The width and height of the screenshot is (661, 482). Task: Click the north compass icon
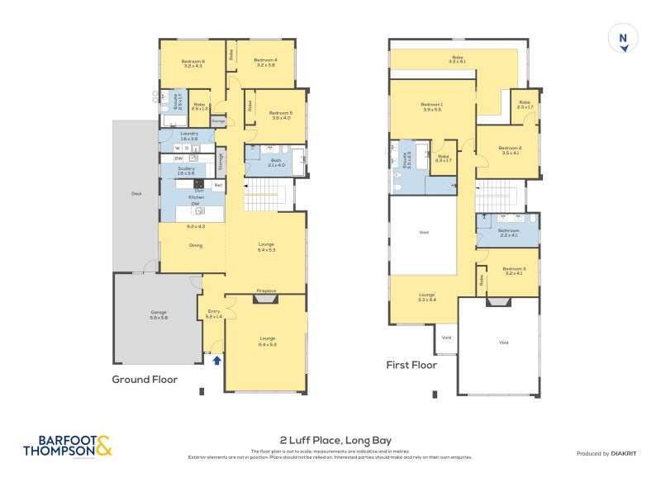coord(624,39)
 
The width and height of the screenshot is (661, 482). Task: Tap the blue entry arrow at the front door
coord(217,360)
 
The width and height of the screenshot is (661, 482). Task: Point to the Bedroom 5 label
coord(280,113)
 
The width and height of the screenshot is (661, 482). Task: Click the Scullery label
coord(186,168)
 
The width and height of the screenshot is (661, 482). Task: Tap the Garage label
coord(159,313)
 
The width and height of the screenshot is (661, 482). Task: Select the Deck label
coord(136,195)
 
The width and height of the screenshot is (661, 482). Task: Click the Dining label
coord(196,245)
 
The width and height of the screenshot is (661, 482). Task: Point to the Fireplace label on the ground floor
coord(266,291)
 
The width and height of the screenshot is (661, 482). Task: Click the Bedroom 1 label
coord(431,105)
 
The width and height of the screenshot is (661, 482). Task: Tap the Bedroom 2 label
coord(510,149)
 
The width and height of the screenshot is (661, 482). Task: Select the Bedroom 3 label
coord(513,268)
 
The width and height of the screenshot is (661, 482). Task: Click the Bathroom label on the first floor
coord(507,231)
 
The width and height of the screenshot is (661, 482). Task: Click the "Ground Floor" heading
coord(146,380)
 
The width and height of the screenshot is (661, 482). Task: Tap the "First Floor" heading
coord(411,364)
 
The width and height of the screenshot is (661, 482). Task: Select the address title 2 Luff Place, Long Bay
coord(330,441)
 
